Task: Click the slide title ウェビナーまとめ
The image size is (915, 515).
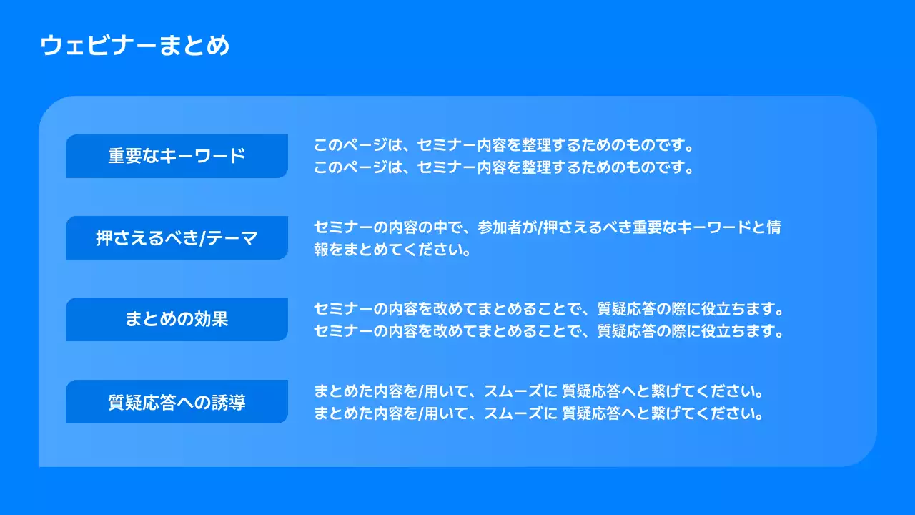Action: tap(135, 46)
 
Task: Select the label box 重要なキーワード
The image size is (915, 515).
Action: tap(177, 156)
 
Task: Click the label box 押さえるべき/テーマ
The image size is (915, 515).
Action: tap(177, 238)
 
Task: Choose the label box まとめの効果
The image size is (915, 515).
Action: tap(177, 319)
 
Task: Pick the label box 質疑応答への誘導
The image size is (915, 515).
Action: tap(177, 402)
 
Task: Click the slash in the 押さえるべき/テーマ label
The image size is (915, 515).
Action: tap(202, 238)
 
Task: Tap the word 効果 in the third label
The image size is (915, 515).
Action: tap(212, 319)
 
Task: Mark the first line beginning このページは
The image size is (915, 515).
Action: tap(504, 145)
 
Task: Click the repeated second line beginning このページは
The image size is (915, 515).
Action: tap(504, 168)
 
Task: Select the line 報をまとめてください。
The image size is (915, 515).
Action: tap(392, 251)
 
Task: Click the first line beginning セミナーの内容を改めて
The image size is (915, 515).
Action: tap(549, 310)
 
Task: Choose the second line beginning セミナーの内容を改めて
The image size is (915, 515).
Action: tap(549, 333)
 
